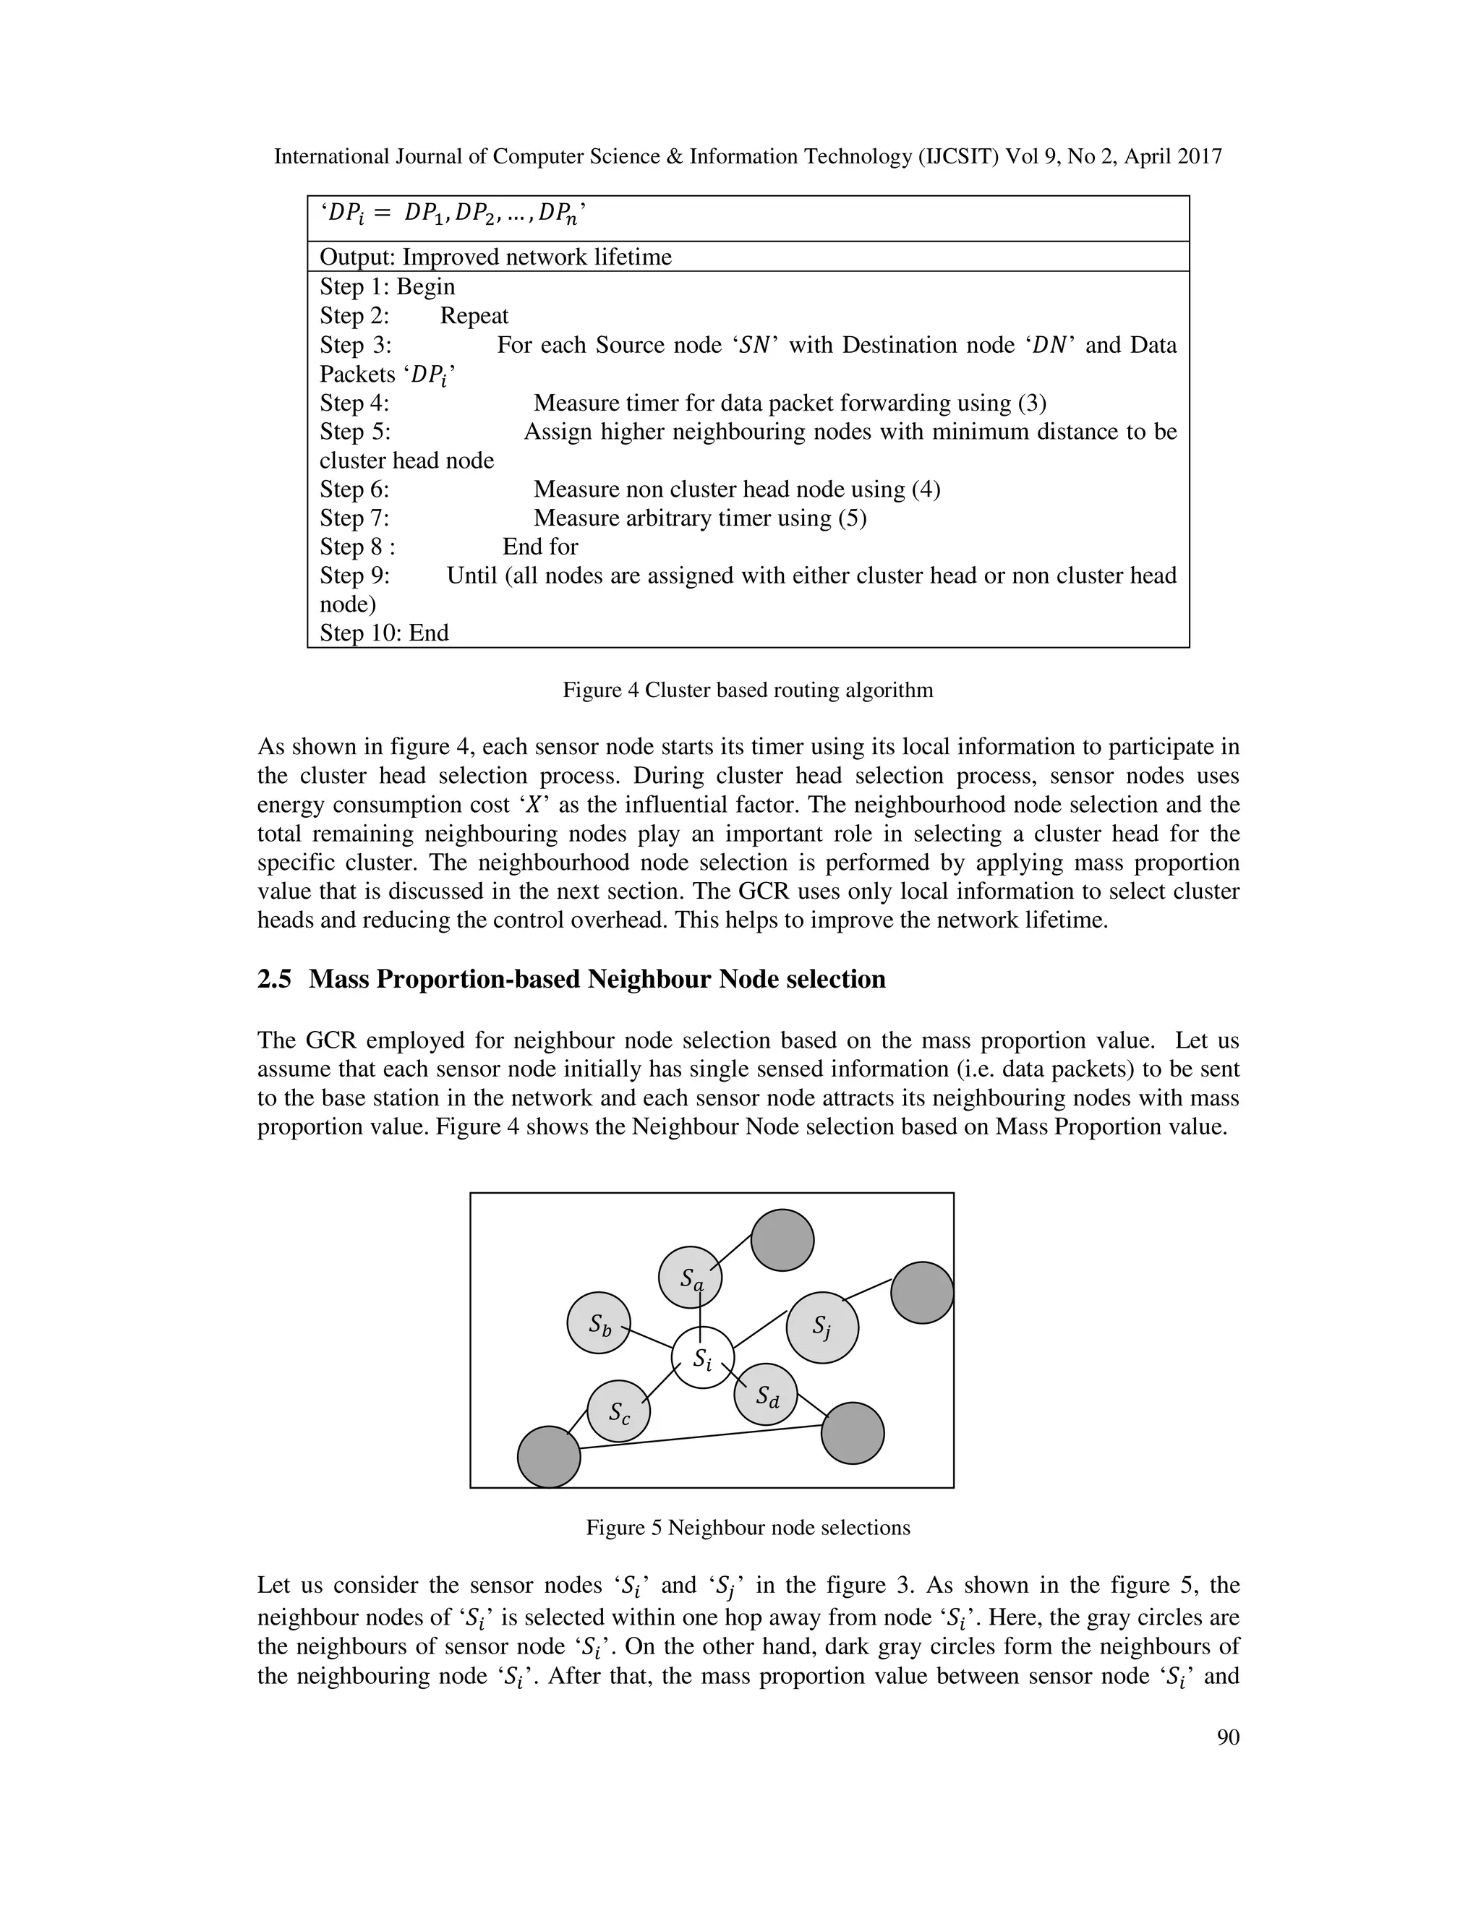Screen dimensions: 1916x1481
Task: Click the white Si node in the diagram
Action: pos(703,1357)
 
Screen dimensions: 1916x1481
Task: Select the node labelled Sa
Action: pos(691,1278)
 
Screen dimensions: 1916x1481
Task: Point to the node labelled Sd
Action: pos(765,1395)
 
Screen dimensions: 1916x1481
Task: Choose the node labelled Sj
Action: pos(822,1327)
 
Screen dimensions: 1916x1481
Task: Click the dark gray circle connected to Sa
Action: pos(782,1239)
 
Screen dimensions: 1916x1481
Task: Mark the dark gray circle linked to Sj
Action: pos(922,1292)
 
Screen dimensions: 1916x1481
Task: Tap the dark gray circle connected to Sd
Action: pos(852,1432)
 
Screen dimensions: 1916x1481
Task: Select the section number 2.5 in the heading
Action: pos(274,979)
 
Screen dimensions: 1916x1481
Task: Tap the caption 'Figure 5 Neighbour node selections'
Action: pos(748,1527)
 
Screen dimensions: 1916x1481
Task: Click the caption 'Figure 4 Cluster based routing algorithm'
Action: pos(748,690)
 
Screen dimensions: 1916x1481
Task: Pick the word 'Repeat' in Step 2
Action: pos(474,316)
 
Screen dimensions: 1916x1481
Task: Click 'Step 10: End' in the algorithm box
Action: pos(384,633)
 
